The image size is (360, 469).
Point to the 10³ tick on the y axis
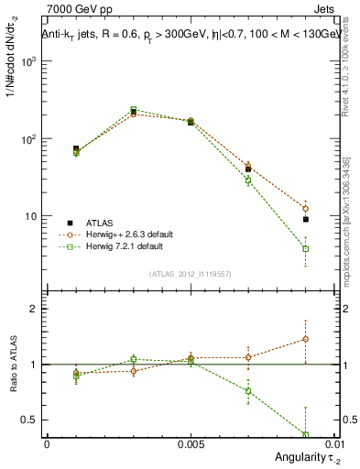tap(29, 61)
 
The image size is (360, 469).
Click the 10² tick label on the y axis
tap(29, 139)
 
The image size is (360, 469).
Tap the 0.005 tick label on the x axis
tap(191, 443)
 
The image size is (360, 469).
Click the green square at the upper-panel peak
tap(133, 109)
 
